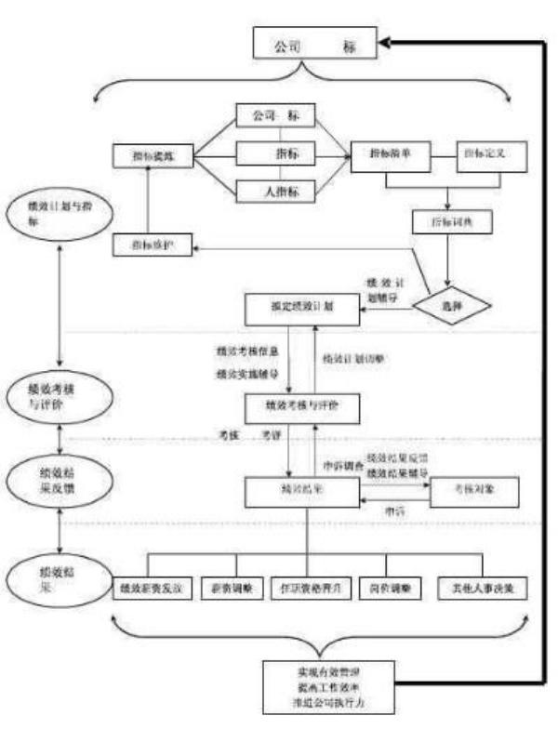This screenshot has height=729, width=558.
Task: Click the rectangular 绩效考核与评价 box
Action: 301,406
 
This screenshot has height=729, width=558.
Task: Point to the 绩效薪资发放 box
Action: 153,590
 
